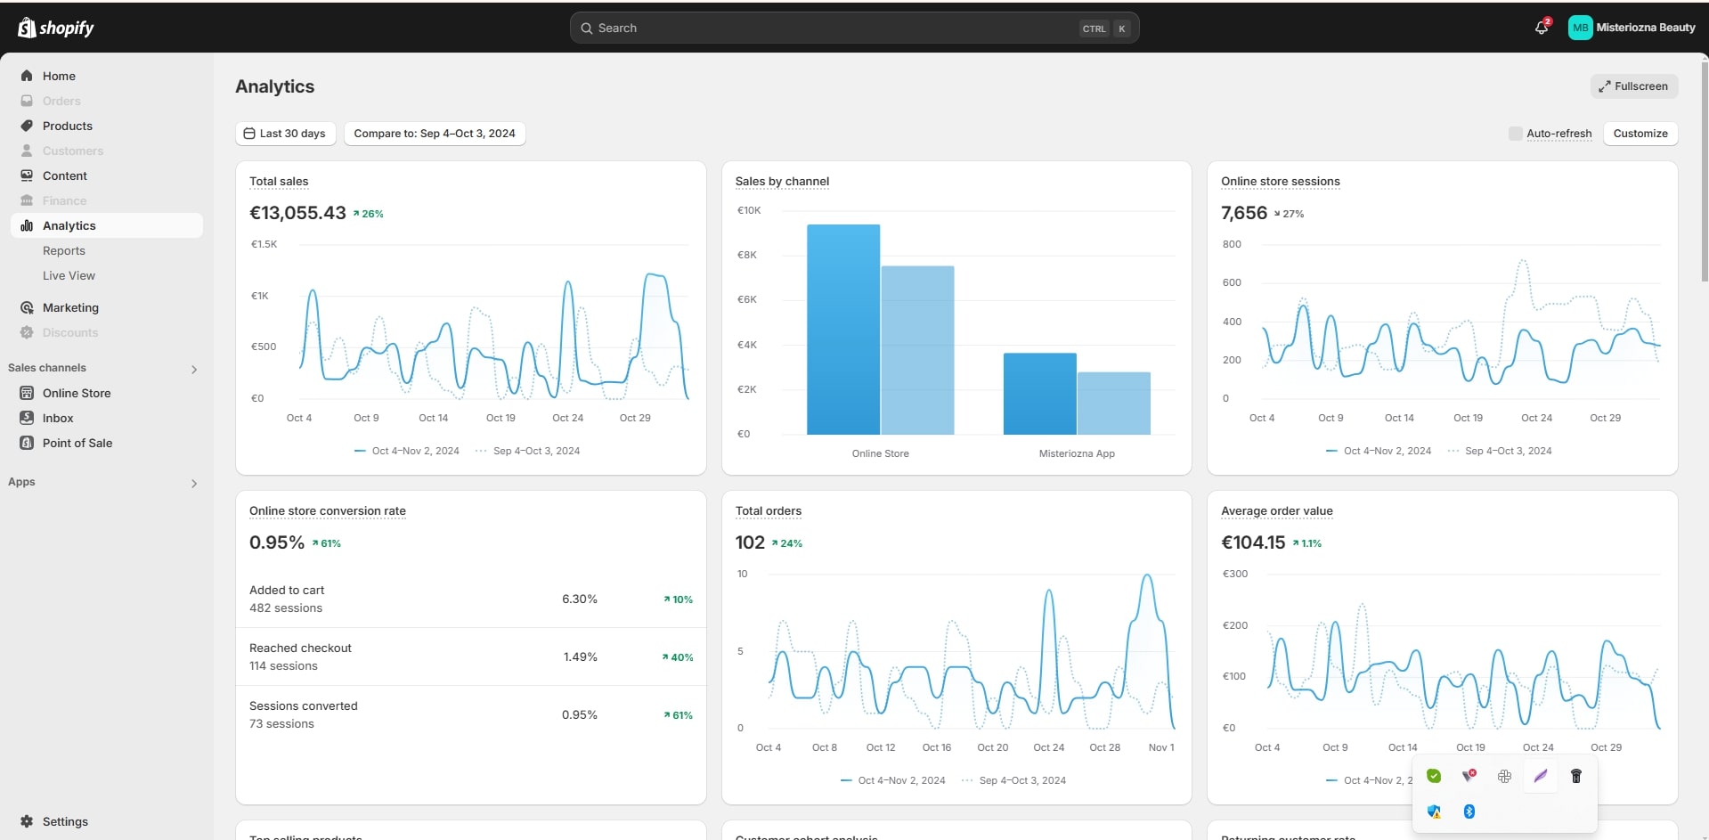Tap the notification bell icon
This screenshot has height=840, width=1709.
[x=1542, y=28]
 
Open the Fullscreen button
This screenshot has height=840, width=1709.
[x=1633, y=86]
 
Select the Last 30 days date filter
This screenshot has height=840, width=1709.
[x=285, y=134]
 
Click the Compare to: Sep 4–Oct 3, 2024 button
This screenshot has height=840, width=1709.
[x=435, y=134]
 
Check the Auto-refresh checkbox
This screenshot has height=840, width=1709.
[x=1515, y=134]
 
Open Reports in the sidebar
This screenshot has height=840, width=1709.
[x=64, y=251]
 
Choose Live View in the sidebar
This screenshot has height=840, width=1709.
[x=69, y=276]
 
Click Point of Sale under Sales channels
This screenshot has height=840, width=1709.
[x=77, y=444]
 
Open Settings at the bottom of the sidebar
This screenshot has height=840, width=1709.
[x=65, y=822]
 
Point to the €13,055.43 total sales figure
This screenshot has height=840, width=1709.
[x=297, y=213]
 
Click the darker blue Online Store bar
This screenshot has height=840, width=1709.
[x=842, y=330]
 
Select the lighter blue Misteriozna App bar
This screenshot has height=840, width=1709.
[x=1113, y=403]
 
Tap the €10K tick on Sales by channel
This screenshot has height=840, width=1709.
[x=748, y=211]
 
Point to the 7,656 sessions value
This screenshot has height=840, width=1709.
[x=1243, y=213]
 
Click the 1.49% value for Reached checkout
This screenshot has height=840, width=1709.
[x=580, y=657]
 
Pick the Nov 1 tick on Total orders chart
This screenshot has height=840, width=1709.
[x=1161, y=748]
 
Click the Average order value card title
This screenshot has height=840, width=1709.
[x=1276, y=511]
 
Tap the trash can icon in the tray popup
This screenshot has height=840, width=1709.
[x=1575, y=777]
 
